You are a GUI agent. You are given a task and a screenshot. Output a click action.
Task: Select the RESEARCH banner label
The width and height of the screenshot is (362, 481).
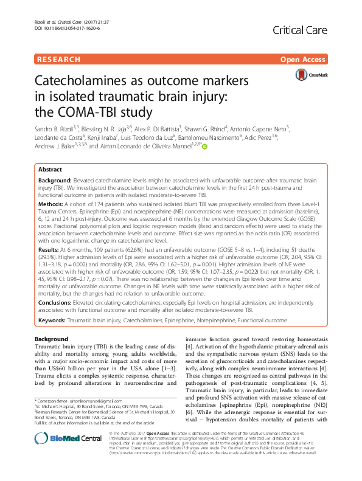point(58,60)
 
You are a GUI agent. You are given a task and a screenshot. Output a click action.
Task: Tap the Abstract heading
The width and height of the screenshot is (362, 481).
point(50,170)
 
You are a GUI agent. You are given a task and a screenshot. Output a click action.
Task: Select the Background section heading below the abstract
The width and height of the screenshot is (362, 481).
point(51,339)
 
